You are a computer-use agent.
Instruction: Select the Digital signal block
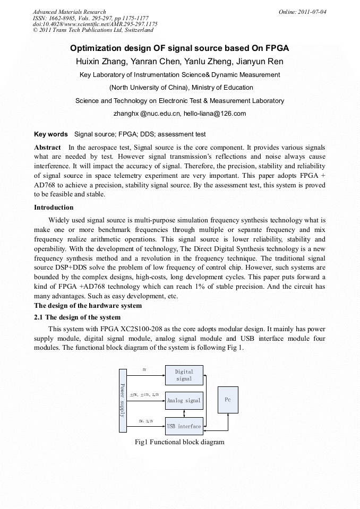click(x=184, y=375)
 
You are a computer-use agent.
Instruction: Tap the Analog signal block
click(x=184, y=400)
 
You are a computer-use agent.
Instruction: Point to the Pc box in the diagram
click(x=228, y=400)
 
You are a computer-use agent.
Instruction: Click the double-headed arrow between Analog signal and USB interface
click(x=184, y=413)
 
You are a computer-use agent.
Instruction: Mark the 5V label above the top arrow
click(x=144, y=369)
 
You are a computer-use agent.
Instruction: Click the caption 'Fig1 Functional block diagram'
click(x=179, y=442)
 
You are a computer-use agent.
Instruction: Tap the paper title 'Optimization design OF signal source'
click(x=179, y=48)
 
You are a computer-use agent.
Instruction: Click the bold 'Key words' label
click(x=51, y=134)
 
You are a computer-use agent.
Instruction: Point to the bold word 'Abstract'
click(x=47, y=147)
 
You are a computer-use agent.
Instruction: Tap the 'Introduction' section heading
click(x=54, y=208)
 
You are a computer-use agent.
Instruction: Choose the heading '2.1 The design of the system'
click(x=77, y=317)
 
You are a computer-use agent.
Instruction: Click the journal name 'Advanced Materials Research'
click(x=69, y=12)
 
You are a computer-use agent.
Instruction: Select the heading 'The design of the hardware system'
click(x=88, y=306)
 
